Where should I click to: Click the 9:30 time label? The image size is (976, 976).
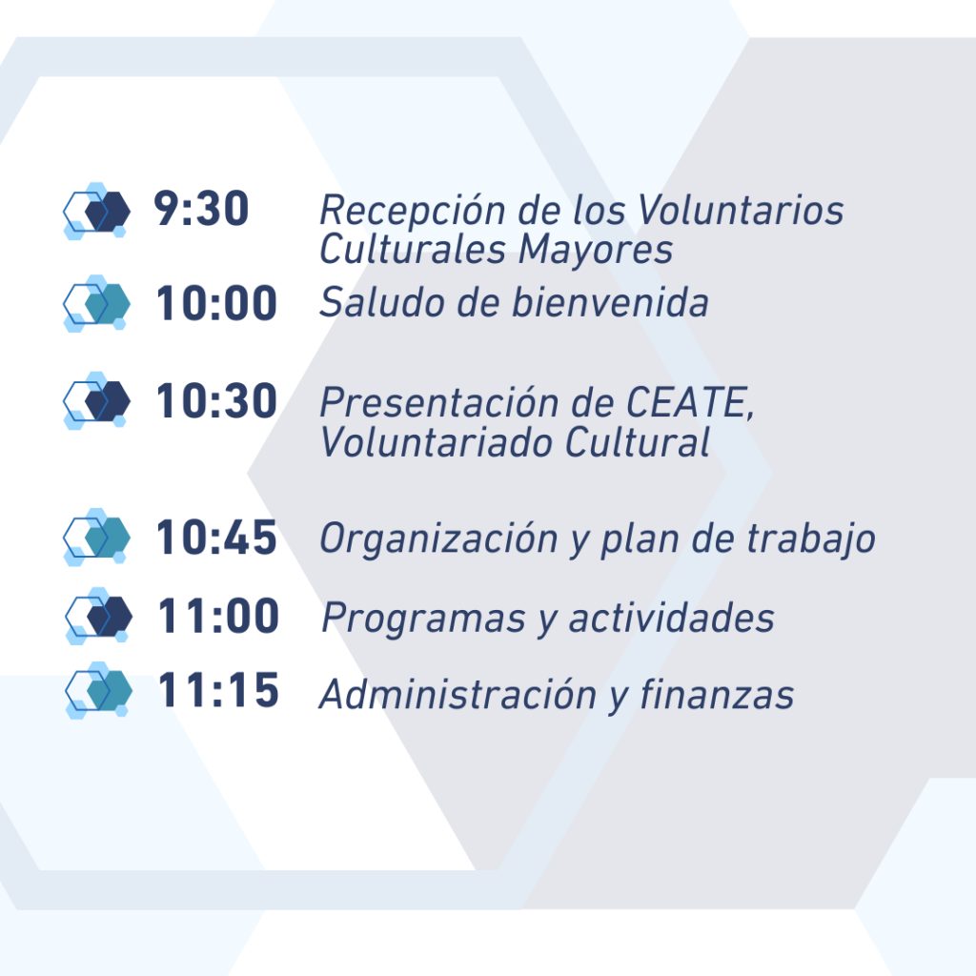(201, 208)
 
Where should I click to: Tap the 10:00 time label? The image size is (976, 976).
(216, 303)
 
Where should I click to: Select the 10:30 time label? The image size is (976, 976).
(216, 400)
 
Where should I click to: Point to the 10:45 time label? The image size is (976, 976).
(216, 538)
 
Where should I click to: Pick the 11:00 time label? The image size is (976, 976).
(218, 617)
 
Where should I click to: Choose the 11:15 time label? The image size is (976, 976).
(218, 690)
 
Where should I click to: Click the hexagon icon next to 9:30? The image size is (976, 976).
(96, 211)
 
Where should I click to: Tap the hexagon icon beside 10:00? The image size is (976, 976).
(96, 303)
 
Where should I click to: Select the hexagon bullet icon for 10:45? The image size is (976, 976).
(96, 537)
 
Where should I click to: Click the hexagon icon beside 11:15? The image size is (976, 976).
(98, 690)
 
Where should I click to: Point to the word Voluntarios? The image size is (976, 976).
(741, 210)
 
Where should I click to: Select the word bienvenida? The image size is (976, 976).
(611, 302)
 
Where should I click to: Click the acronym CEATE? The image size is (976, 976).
(690, 403)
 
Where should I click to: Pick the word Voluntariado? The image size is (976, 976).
(436, 442)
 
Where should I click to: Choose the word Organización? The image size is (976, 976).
(438, 539)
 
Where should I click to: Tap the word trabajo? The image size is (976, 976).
(811, 539)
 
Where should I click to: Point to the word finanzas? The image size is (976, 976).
(718, 694)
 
